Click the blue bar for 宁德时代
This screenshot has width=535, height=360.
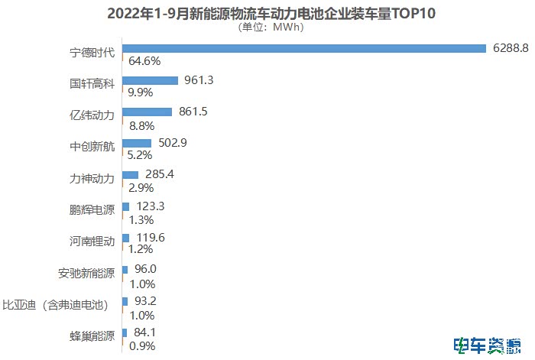304,48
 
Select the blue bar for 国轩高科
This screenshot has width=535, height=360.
150,80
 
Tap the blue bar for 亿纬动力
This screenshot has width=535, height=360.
147,112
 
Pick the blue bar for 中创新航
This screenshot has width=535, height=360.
137,143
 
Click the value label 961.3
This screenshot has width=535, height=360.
198,79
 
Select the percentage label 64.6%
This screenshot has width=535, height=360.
144,60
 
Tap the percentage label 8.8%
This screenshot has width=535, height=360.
142,124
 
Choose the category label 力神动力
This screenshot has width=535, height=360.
92,179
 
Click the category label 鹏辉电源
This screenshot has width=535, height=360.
92,210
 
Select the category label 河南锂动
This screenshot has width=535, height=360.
92,242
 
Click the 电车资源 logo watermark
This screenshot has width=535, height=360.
488,345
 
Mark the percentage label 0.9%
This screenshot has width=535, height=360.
142,346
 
